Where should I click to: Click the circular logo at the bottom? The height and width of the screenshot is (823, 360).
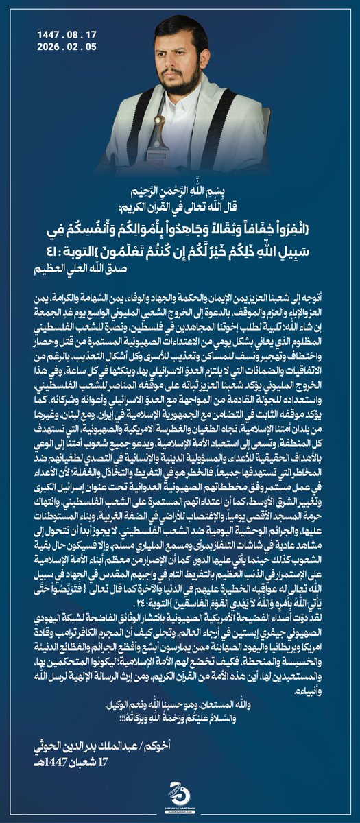tap(179, 797)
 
